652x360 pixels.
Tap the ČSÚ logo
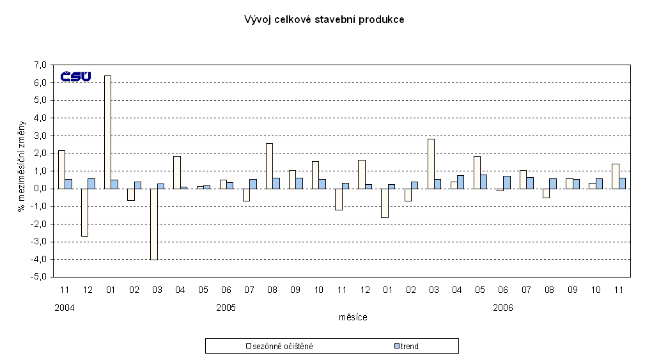(75, 77)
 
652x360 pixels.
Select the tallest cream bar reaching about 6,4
(107, 132)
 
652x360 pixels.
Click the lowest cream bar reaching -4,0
(153, 224)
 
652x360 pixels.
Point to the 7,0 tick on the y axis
(40, 65)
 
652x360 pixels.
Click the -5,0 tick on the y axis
(40, 277)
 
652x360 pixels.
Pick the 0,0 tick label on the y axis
(40, 189)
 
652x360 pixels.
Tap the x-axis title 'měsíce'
(353, 317)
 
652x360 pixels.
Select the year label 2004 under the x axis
(65, 308)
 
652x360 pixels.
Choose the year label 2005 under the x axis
(226, 308)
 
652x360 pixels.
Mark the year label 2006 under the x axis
(502, 308)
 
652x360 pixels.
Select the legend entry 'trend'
(410, 347)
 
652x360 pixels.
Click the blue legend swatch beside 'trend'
(396, 347)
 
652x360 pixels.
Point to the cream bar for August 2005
(269, 166)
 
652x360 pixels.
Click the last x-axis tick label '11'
(618, 290)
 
